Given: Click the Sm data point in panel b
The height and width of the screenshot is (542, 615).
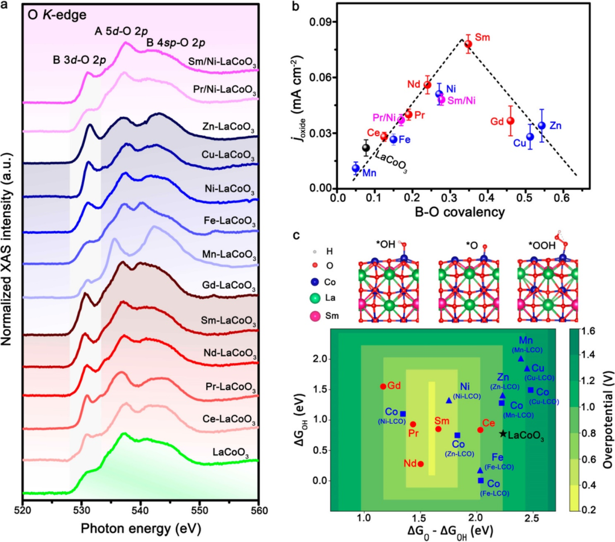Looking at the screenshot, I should [x=468, y=44].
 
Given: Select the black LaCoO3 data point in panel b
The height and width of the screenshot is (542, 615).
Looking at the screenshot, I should [x=366, y=148].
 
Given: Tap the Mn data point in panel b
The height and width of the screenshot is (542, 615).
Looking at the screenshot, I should [x=356, y=168].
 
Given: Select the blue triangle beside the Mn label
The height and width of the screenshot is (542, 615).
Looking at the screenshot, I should [x=521, y=358].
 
